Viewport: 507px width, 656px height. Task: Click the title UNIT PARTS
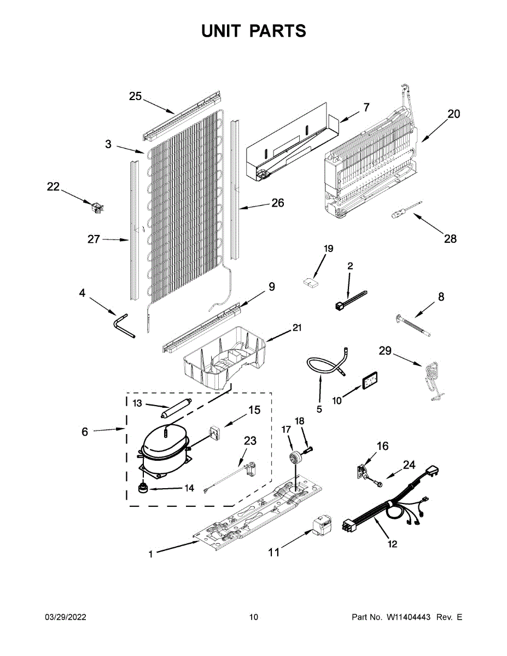253,31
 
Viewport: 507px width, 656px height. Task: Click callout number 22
53,186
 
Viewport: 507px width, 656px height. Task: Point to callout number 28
450,239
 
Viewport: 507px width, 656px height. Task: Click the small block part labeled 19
311,282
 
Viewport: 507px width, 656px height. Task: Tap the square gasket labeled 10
369,381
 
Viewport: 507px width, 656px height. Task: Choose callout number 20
453,114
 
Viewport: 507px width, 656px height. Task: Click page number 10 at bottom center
253,617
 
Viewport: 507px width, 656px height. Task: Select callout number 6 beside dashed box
85,432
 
